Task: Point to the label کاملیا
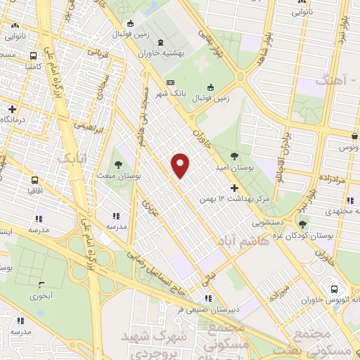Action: (x=34, y=67)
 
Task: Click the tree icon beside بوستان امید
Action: (x=234, y=156)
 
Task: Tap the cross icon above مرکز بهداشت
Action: (x=234, y=188)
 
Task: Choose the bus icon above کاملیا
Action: (x=34, y=56)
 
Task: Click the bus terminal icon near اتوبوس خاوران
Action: (x=334, y=288)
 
